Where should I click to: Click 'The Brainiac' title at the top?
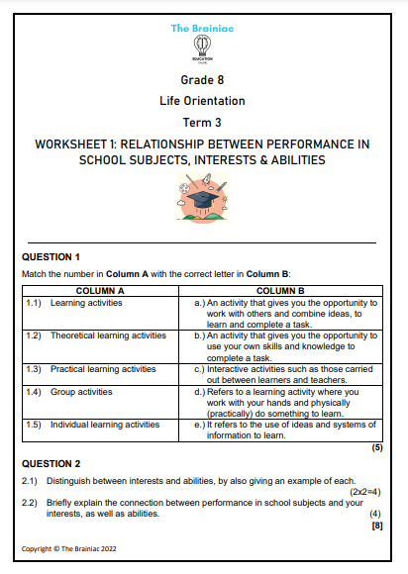click(x=202, y=29)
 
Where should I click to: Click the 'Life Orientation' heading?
click(x=202, y=101)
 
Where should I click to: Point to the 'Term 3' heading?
click(x=202, y=122)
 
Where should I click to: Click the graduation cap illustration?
click(x=203, y=198)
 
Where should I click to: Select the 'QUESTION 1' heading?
click(x=51, y=256)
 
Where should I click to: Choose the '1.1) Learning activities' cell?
click(x=70, y=302)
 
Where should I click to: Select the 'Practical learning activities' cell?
click(x=96, y=369)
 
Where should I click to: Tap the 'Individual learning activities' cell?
click(x=97, y=425)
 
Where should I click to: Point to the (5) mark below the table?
click(x=376, y=448)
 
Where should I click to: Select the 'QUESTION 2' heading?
click(x=51, y=463)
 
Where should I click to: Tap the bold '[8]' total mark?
click(x=376, y=526)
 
